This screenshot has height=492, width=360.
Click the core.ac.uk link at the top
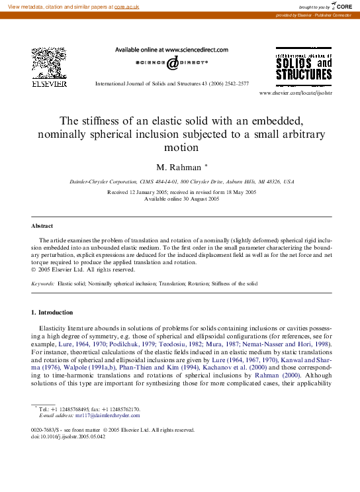[x=126, y=5]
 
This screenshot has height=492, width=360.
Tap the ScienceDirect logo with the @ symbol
[x=171, y=63]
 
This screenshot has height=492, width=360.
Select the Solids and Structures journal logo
[x=304, y=68]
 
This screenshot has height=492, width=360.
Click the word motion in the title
[x=180, y=148]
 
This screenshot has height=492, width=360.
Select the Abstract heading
[x=42, y=226]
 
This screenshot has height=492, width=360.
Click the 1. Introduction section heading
[x=52, y=312]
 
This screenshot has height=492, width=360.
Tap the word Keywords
[x=43, y=283]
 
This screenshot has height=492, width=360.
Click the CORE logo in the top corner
[x=341, y=6]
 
